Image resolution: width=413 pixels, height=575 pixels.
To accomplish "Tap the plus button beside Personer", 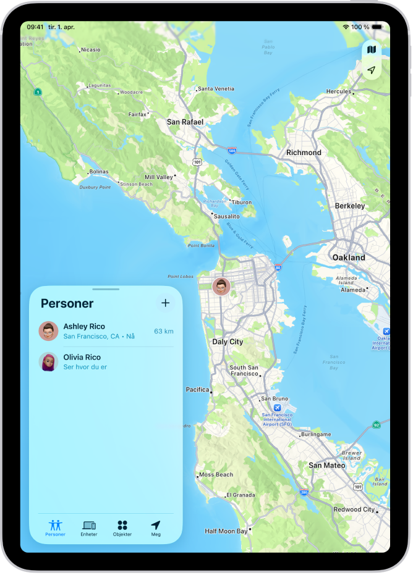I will pos(165,303).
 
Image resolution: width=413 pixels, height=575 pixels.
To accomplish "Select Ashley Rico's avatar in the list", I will pos(48,331).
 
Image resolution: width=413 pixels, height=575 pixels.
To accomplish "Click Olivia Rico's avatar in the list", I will pos(48,362).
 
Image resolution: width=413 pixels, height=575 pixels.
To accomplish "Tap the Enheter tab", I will pos(89,528).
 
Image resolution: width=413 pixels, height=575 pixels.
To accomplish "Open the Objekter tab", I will pos(122,528).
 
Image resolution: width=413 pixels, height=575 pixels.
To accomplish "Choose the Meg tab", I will pos(156,528).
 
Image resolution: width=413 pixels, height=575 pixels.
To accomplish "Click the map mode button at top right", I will pos(371,49).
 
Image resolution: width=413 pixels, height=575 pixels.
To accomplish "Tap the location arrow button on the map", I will pos(371,70).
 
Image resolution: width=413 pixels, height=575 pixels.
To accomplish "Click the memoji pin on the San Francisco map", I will pos(221,287).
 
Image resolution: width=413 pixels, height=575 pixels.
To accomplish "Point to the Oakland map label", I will pos(348,258).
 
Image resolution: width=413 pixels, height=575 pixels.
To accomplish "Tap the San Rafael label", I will pos(185,122).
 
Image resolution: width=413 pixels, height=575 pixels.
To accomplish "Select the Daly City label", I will pos(228,342).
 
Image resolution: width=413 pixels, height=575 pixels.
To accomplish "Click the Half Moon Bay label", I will pos(226,531).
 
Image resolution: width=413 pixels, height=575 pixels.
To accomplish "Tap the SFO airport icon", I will pos(277,408).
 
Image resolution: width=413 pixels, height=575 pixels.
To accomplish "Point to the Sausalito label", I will pos(226,217).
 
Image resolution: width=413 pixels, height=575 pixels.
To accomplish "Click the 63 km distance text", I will pos(163,332).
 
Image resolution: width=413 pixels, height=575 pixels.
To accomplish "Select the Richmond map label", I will pos(304,153).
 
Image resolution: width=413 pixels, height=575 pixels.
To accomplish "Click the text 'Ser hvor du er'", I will pos(85,367).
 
